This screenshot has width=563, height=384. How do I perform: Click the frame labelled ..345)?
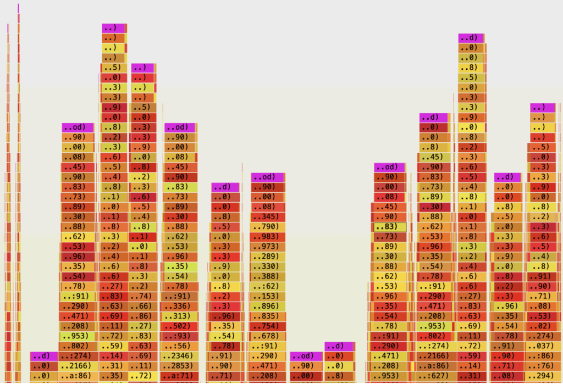[268, 217]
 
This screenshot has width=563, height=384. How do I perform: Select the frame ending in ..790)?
[268, 227]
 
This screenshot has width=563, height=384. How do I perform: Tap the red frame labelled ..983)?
[268, 237]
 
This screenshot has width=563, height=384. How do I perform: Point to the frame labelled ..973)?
[268, 247]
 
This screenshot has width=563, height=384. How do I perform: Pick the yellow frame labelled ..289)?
[268, 257]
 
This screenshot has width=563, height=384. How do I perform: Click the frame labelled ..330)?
[268, 266]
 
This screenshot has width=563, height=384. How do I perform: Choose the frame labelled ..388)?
[268, 276]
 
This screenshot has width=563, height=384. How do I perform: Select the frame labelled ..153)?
[268, 296]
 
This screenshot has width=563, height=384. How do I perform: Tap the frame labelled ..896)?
[268, 306]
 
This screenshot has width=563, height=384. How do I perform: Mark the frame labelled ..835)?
[268, 316]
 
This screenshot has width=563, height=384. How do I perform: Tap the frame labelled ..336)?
[180, 306]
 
